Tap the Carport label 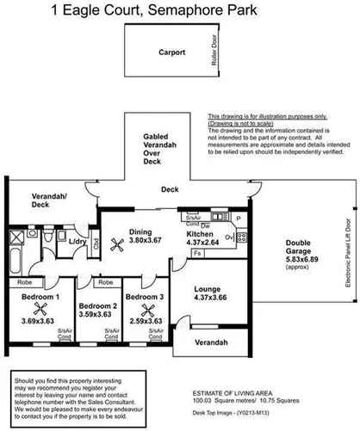click(x=171, y=52)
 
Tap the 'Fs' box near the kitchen click(x=197, y=254)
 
